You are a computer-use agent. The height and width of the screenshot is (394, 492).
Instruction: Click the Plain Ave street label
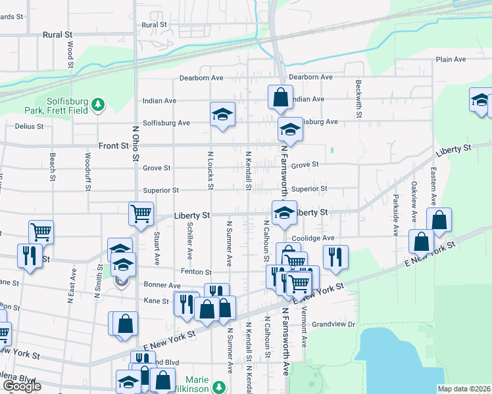(x=451, y=60)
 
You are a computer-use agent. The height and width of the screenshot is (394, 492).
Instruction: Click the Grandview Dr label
(x=333, y=324)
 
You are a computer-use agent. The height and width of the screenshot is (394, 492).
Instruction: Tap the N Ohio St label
(x=136, y=143)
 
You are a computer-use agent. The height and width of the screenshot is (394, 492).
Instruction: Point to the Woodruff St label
(x=88, y=171)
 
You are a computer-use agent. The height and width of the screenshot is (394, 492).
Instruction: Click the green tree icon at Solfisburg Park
(x=98, y=104)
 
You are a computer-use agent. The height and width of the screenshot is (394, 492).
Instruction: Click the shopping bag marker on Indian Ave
(x=280, y=97)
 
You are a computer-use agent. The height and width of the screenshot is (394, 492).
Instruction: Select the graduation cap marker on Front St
(x=289, y=129)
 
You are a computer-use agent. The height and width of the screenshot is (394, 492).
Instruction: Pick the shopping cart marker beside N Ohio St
(x=141, y=213)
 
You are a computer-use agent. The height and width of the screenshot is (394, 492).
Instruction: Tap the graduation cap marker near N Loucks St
(x=222, y=114)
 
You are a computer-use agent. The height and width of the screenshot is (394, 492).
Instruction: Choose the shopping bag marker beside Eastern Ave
(x=439, y=219)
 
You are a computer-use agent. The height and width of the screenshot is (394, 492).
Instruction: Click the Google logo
(x=22, y=386)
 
